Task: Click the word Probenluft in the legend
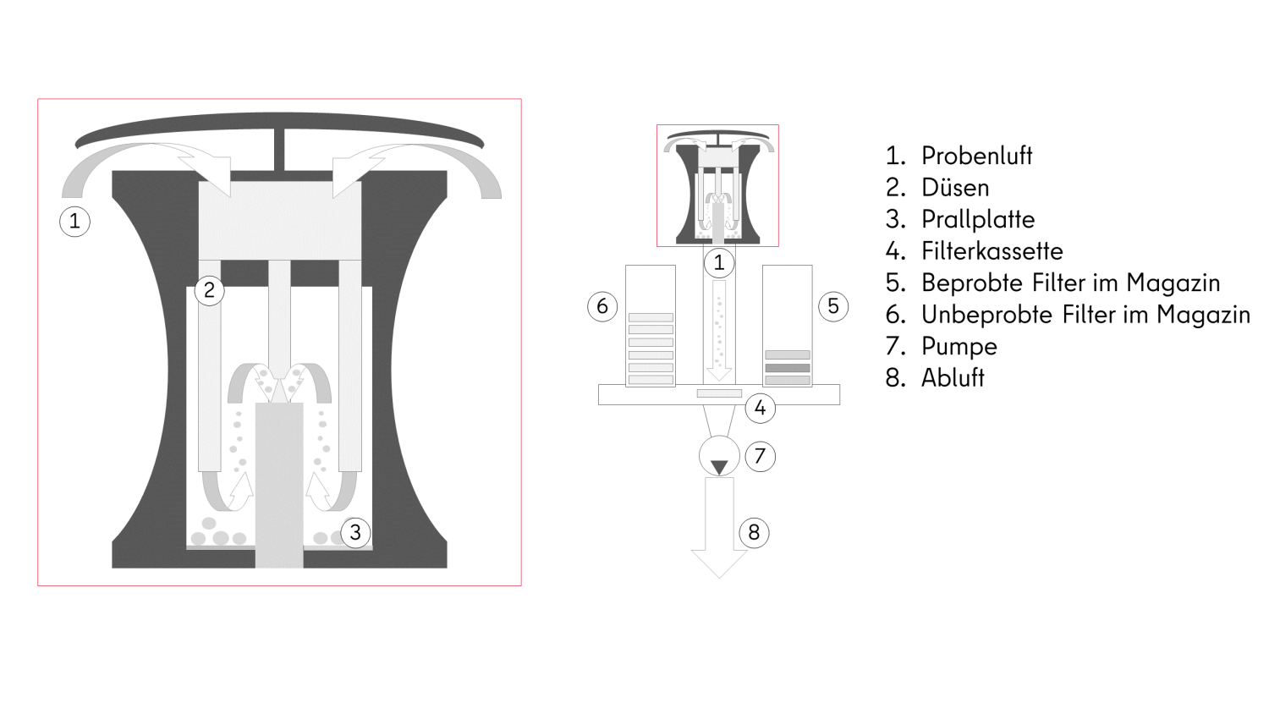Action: (976, 156)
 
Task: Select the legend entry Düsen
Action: (955, 188)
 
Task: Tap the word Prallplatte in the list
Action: (978, 219)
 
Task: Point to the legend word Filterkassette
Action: (992, 251)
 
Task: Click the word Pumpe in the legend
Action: (959, 346)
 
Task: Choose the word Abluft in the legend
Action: (953, 378)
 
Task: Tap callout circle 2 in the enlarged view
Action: (209, 291)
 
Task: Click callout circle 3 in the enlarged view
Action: (355, 533)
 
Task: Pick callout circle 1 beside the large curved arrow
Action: (74, 221)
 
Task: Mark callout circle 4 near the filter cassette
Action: (761, 408)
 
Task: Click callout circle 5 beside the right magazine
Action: (833, 306)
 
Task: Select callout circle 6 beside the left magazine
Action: (602, 306)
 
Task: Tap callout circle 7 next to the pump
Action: (761, 456)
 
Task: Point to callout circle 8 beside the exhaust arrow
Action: (754, 533)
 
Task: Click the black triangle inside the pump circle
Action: (719, 468)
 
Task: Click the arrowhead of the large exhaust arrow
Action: (719, 563)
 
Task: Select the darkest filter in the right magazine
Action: (788, 368)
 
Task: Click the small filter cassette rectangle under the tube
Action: (719, 393)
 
